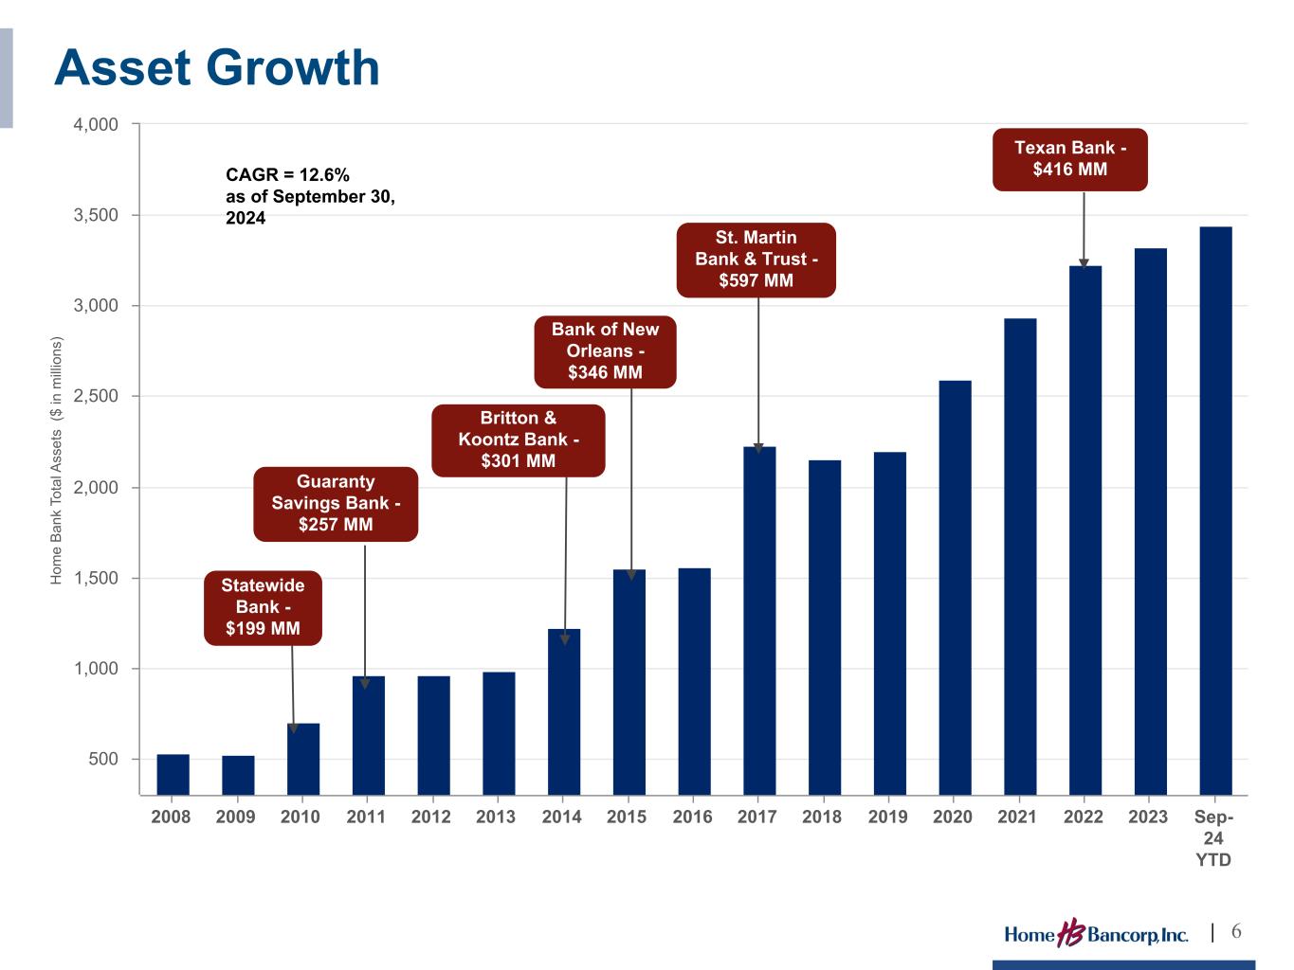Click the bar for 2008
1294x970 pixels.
point(173,774)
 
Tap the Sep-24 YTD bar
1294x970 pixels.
point(1215,511)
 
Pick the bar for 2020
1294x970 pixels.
point(955,587)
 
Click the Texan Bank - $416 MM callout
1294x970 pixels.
point(1069,159)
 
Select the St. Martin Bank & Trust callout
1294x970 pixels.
point(756,259)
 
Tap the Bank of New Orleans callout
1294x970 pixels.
point(605,350)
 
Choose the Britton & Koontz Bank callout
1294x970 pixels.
point(518,440)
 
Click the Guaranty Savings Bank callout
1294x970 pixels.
point(336,503)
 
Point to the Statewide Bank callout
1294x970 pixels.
point(263,607)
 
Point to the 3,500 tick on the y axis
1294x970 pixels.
point(98,215)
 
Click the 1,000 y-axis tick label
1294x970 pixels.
point(98,669)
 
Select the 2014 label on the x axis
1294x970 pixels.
point(561,817)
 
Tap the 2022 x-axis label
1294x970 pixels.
point(1083,817)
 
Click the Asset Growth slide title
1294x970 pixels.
point(217,68)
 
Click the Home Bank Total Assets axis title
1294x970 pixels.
point(56,459)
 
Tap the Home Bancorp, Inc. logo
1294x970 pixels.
point(1096,934)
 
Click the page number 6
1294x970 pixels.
point(1236,932)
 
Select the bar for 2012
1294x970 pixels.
point(433,735)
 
